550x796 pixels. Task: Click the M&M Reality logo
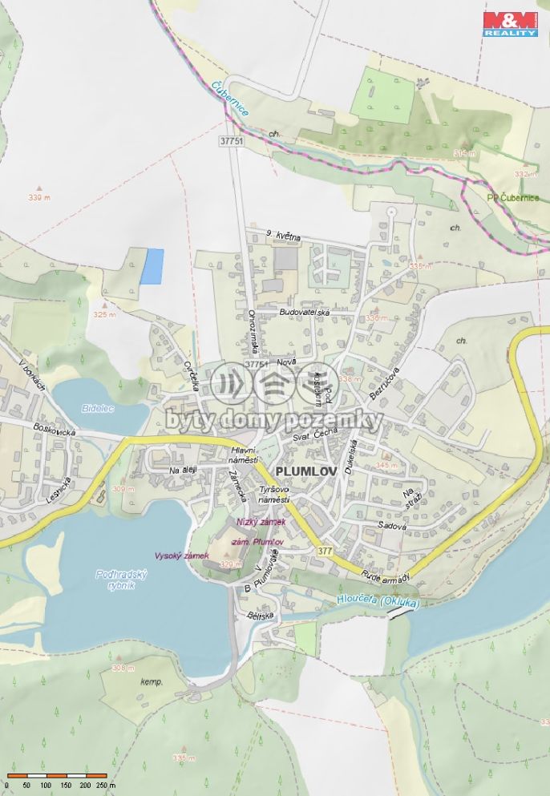pos(510,23)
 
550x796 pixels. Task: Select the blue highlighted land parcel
pos(152,266)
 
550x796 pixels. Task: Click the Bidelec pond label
pos(98,408)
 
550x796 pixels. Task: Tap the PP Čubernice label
pos(513,198)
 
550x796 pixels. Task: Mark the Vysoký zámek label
pos(181,556)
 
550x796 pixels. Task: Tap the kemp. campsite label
pos(151,682)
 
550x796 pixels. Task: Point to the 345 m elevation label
pos(386,465)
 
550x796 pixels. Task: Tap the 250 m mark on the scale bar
pos(105,786)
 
